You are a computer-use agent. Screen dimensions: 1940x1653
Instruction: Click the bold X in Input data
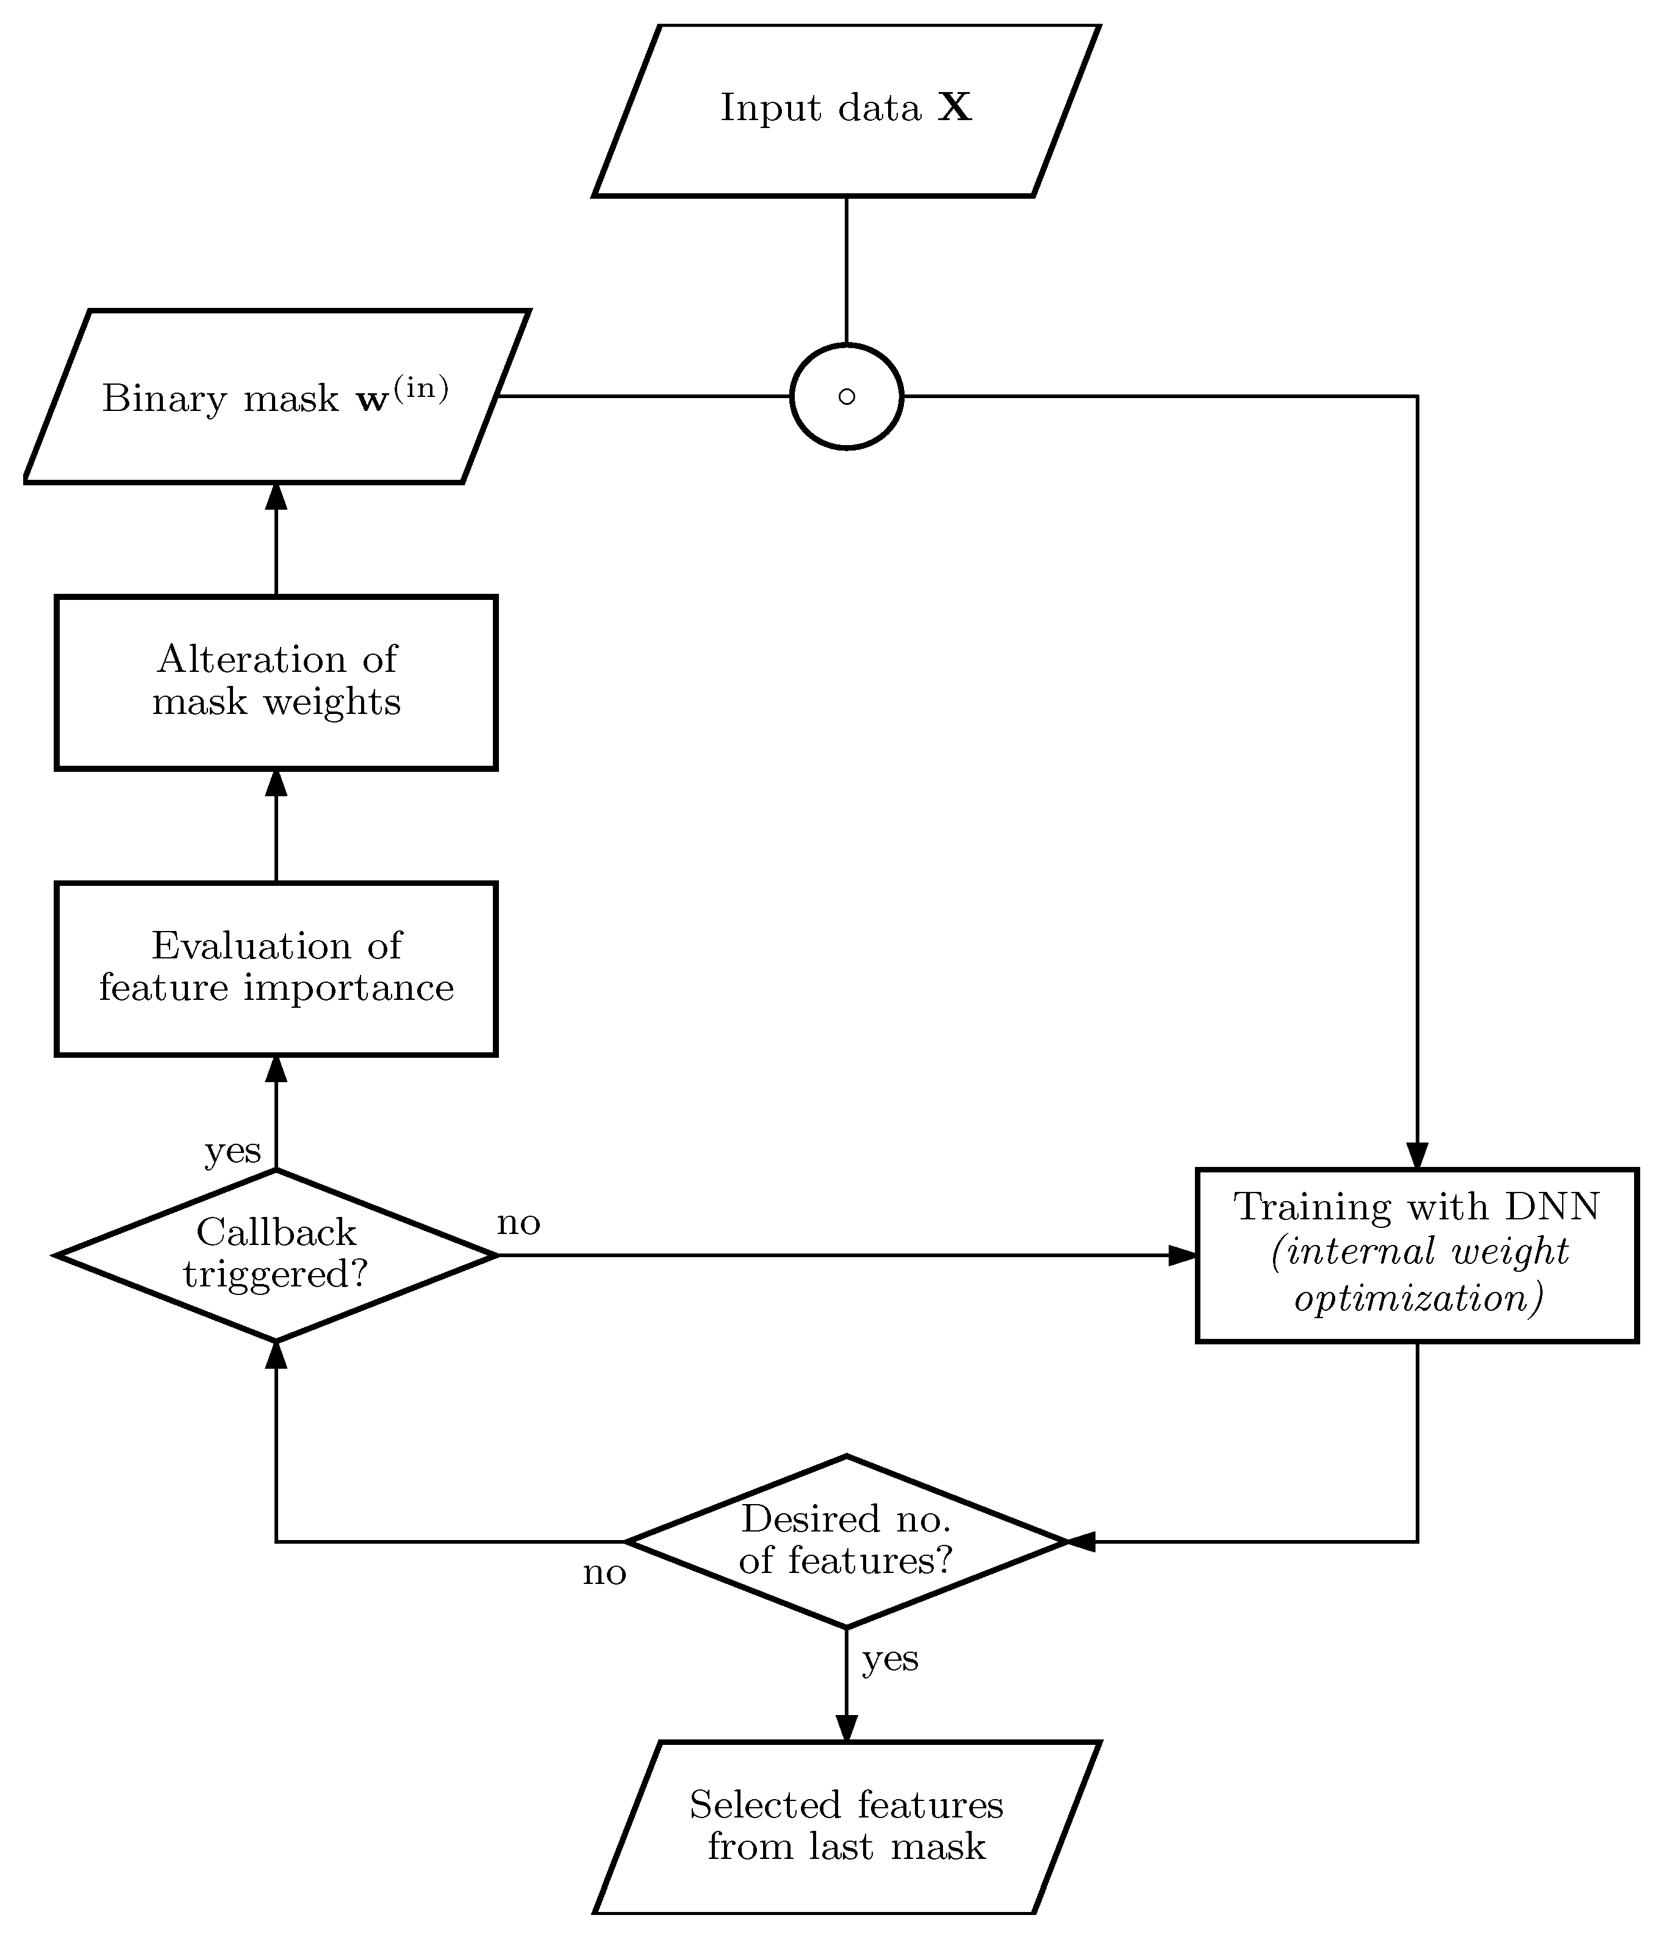[955, 109]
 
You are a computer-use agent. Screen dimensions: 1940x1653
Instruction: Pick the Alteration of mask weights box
[276, 682]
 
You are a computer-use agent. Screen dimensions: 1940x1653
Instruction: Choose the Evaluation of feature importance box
[276, 968]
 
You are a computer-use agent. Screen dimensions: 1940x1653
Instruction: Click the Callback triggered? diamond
[276, 1255]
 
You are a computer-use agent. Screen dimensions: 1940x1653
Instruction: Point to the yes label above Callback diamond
[232, 1150]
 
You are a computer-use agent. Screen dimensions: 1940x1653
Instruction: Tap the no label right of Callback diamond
[518, 1223]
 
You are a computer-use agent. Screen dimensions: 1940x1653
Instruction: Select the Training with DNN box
[1416, 1255]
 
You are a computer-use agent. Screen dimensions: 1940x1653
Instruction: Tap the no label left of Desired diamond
[604, 1573]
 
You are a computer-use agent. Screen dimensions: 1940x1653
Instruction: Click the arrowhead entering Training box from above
[1417, 1157]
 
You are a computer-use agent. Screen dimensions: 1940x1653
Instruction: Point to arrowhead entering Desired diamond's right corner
[1081, 1541]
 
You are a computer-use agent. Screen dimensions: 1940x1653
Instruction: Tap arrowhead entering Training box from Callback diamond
[1183, 1255]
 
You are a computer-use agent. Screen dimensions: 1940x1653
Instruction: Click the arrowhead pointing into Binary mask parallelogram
[276, 496]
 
